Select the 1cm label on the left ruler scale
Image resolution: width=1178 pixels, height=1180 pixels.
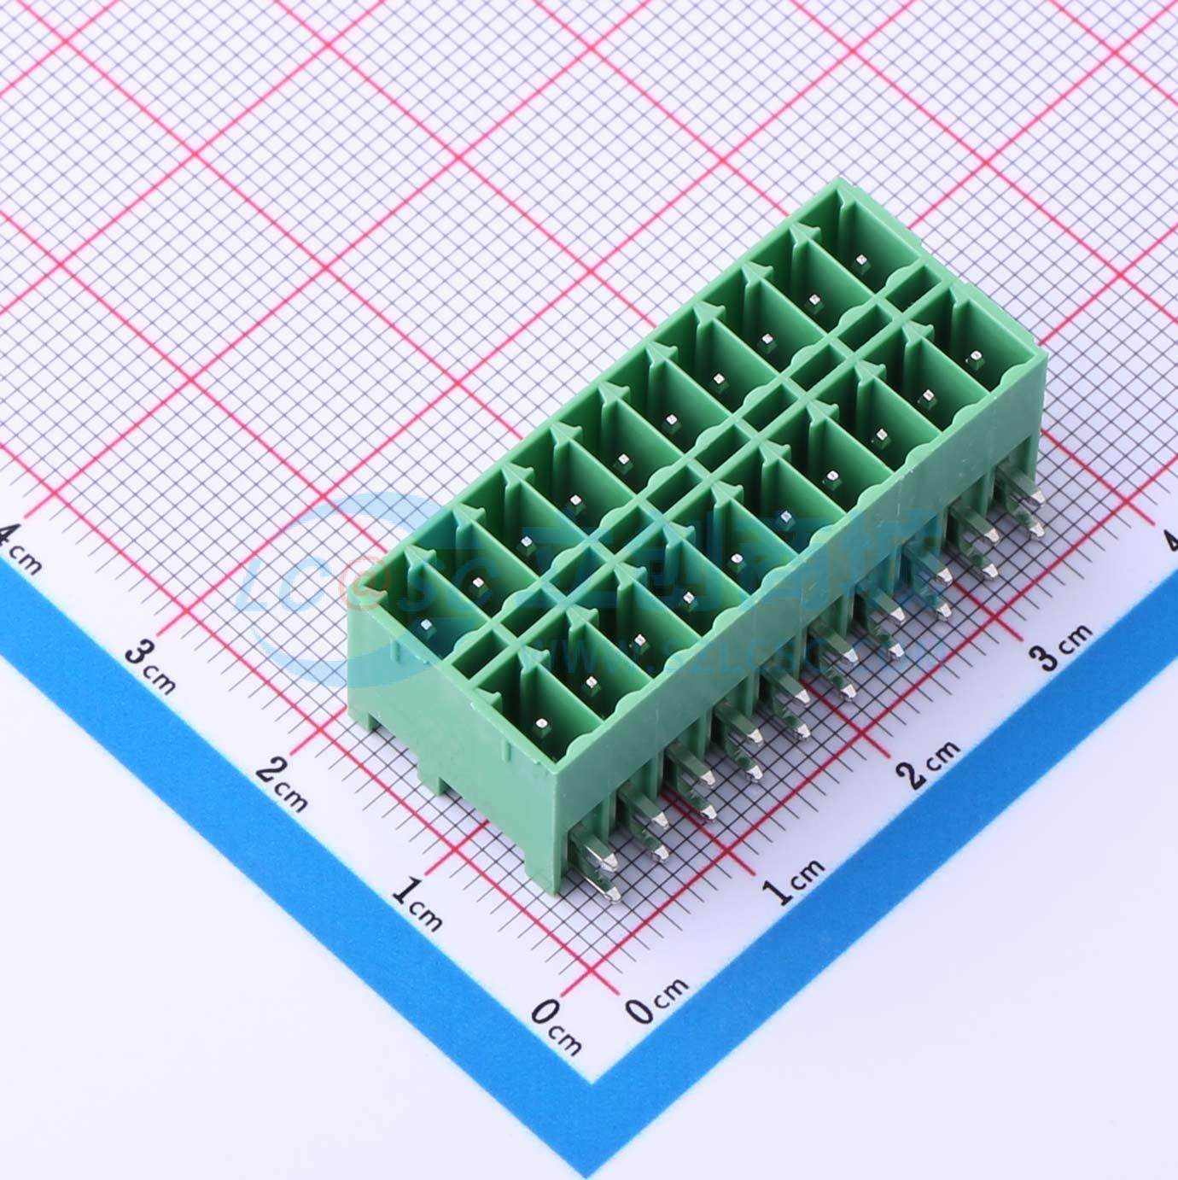[417, 905]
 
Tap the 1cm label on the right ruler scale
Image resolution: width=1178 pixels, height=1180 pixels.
[795, 880]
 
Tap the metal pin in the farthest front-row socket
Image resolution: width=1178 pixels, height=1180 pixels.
[971, 359]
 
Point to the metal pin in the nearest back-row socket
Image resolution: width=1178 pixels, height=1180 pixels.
[426, 628]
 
